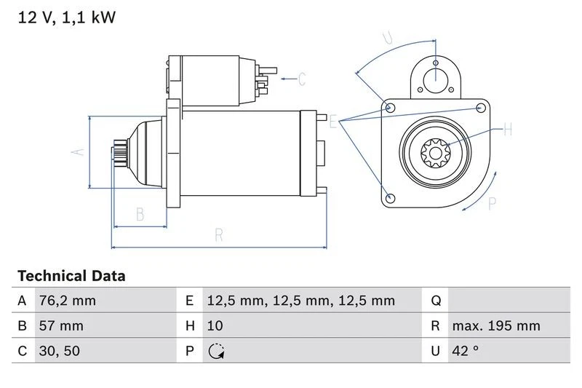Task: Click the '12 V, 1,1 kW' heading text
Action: [66, 18]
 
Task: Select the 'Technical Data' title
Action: [71, 276]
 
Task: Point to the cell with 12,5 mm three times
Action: [300, 301]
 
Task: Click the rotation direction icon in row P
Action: [216, 351]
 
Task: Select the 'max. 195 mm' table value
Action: [495, 325]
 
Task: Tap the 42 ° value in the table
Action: [465, 351]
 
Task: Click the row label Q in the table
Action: [436, 301]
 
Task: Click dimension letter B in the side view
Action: [140, 214]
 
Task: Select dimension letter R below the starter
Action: [218, 235]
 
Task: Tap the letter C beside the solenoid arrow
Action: [302, 78]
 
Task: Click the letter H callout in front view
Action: [508, 130]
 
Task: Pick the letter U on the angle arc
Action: [388, 38]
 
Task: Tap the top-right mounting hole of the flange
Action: [480, 108]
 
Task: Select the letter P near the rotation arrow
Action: [493, 204]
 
